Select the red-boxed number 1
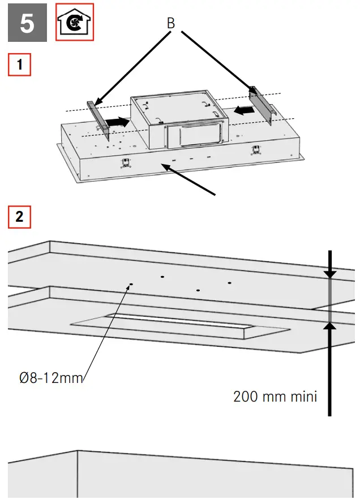[x=20, y=65]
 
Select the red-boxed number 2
[x=20, y=217]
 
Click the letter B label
[x=170, y=24]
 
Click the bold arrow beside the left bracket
[x=118, y=121]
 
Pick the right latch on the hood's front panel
[x=256, y=150]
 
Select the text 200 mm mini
[x=275, y=396]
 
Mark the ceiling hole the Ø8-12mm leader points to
[x=131, y=285]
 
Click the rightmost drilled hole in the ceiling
[x=230, y=282]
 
